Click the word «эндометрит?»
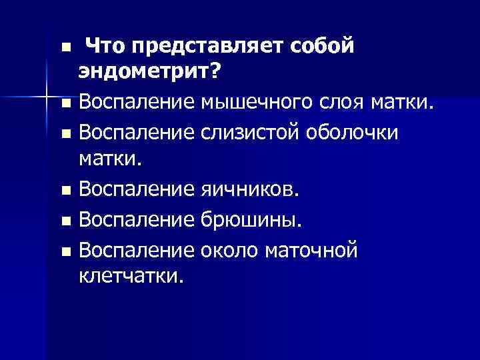click(x=148, y=71)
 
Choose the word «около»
click(x=229, y=251)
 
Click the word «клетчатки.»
click(x=129, y=275)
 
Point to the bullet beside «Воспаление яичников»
click(x=64, y=191)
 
